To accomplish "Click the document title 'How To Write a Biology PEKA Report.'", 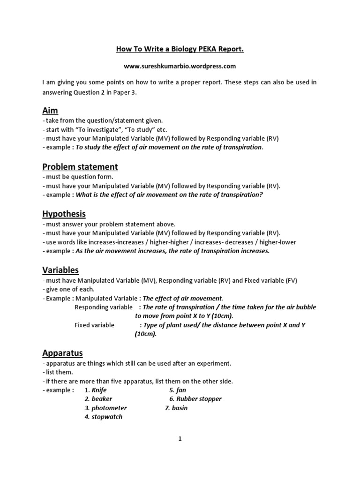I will (x=180, y=48).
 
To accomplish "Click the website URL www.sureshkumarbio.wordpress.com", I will (x=180, y=66).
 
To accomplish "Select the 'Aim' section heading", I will (x=50, y=111).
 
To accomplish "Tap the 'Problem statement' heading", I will (x=80, y=167).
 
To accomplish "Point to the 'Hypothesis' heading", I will (x=64, y=214).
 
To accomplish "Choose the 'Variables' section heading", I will (x=60, y=270).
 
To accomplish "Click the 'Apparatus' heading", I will (x=62, y=352).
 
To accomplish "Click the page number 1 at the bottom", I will (x=180, y=439).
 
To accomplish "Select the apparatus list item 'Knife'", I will (x=99, y=390).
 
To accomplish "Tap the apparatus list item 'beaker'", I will (x=102, y=399).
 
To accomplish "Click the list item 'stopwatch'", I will (x=107, y=417).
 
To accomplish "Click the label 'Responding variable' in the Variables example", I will (x=104, y=307).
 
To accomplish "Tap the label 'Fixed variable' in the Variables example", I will (x=94, y=325).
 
